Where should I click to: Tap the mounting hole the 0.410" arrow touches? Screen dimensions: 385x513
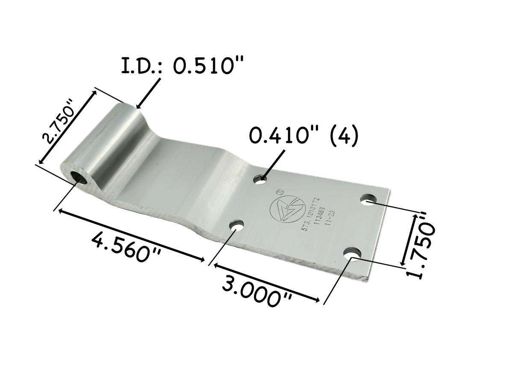pos(259,180)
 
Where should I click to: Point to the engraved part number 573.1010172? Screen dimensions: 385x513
pos(310,214)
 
